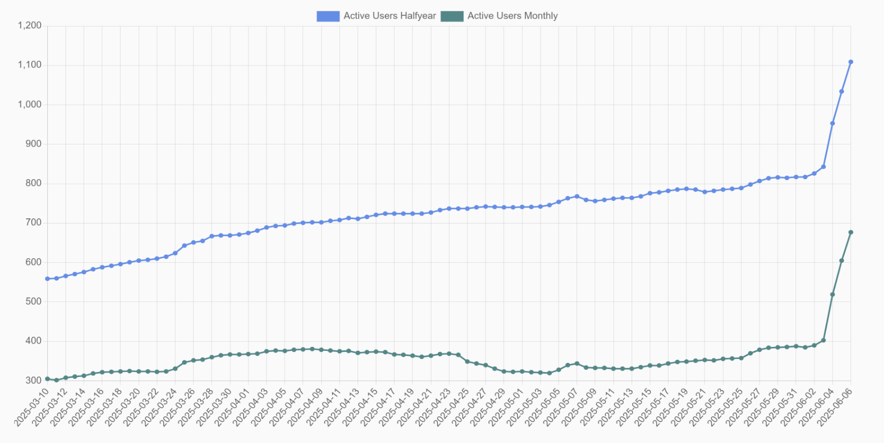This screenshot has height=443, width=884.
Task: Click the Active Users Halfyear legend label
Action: tap(389, 16)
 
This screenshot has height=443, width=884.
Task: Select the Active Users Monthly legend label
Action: tap(512, 16)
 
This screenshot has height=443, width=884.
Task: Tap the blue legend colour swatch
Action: tap(328, 16)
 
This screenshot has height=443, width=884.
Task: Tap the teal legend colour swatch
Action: tap(452, 16)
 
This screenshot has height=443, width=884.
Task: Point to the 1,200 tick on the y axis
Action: tap(30, 26)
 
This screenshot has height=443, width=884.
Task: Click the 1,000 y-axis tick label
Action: tap(30, 105)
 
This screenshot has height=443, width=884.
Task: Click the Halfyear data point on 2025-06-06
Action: tap(850, 62)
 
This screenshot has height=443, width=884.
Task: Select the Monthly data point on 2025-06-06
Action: tap(850, 232)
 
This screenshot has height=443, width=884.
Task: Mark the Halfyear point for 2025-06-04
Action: tap(832, 123)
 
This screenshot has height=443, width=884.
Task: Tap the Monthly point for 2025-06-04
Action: tap(832, 295)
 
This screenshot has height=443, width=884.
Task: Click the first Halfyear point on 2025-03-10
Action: tap(47, 279)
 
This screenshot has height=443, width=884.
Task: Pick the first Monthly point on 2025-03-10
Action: tap(47, 379)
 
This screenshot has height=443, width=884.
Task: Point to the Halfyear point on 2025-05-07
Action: tap(576, 196)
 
